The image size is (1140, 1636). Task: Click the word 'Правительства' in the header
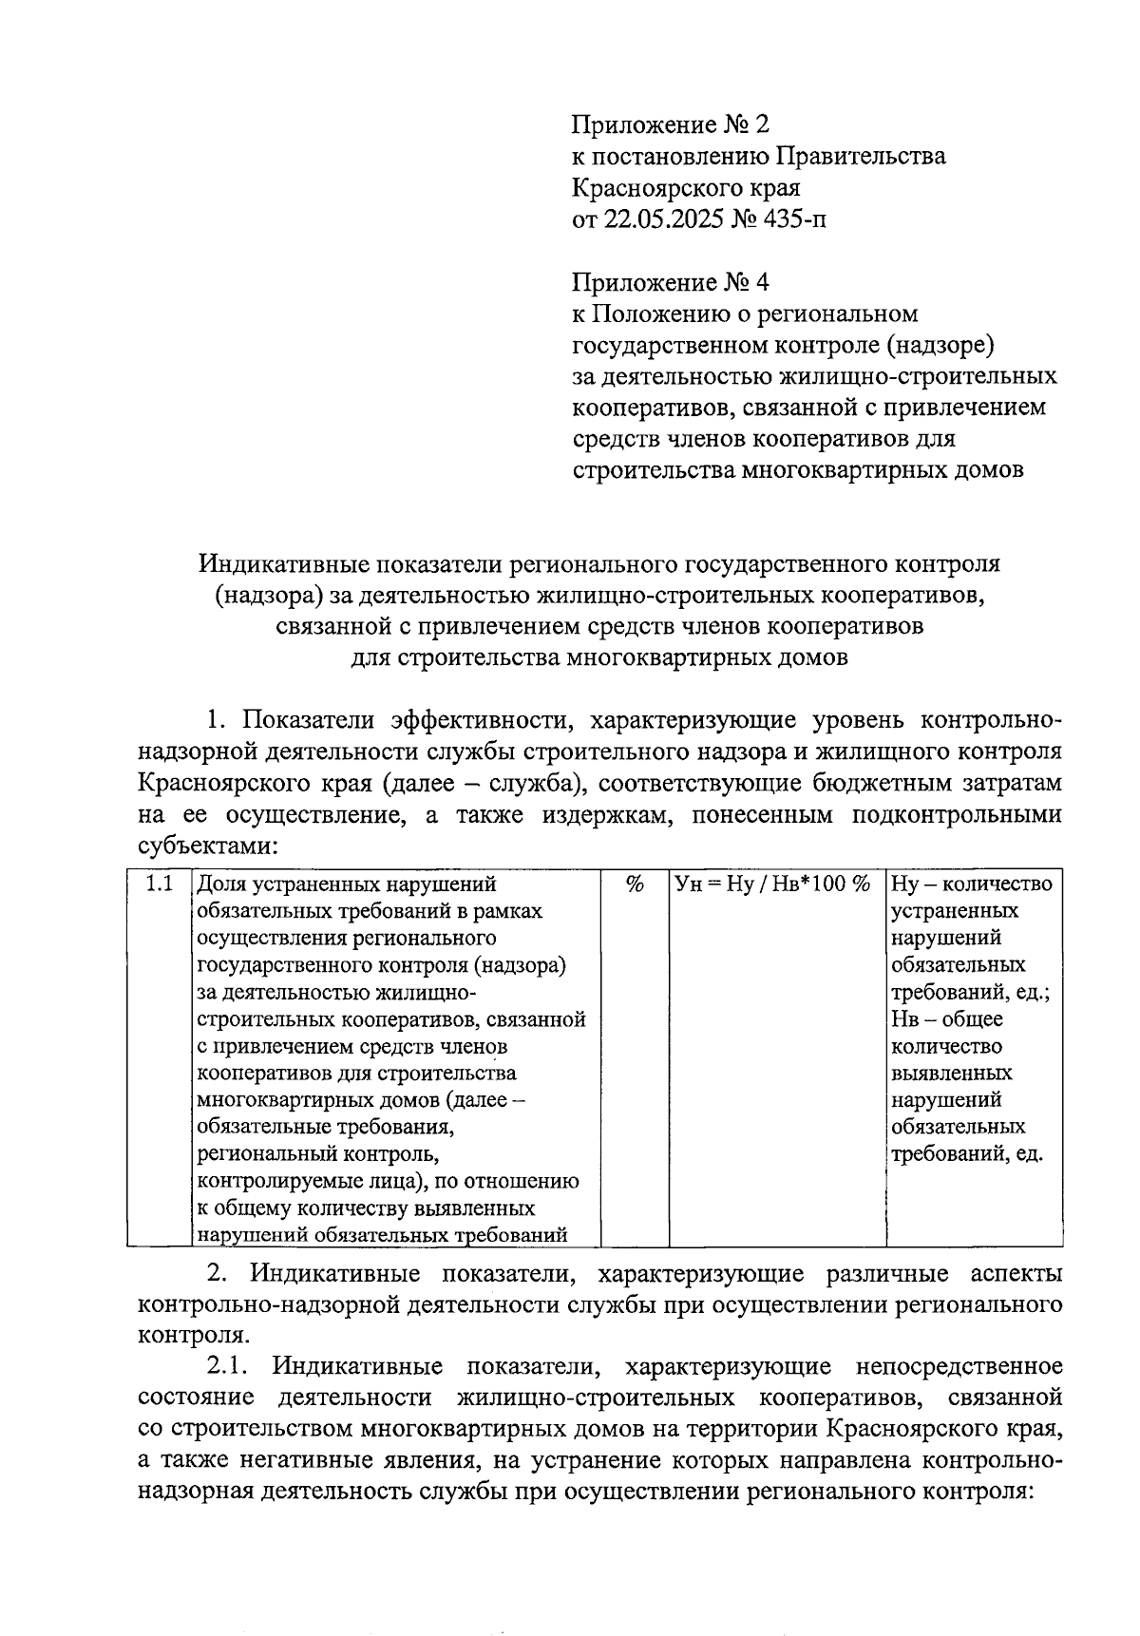pos(861,156)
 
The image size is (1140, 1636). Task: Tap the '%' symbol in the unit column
pos(635,884)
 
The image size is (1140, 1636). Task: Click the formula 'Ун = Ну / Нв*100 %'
pos(772,884)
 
